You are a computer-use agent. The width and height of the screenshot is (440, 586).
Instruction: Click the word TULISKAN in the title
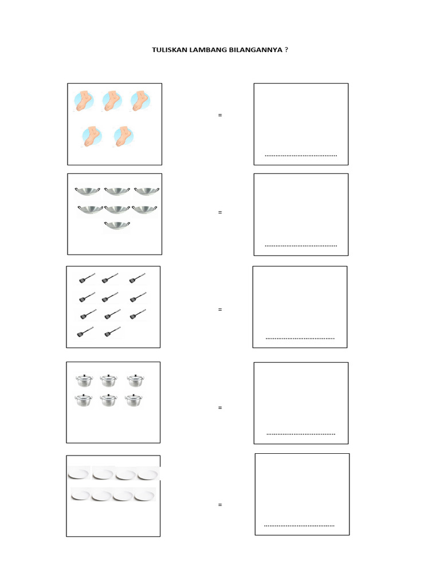click(170, 50)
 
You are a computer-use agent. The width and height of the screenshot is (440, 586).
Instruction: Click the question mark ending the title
click(286, 50)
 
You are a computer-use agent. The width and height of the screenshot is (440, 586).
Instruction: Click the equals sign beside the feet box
click(220, 115)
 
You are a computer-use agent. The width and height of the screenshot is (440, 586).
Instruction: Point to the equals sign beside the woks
click(220, 212)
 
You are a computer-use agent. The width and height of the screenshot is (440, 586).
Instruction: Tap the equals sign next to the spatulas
click(220, 310)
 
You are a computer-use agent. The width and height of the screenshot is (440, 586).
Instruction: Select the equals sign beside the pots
click(220, 407)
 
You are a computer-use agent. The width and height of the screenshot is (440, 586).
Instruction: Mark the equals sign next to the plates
click(220, 505)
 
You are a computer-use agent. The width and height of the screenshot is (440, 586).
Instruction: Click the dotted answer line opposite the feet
click(301, 156)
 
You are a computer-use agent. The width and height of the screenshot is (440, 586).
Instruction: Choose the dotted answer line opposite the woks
click(301, 246)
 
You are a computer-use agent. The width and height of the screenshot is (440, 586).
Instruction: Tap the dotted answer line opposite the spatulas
click(300, 339)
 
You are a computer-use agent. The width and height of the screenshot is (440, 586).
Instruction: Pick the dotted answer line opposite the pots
click(301, 434)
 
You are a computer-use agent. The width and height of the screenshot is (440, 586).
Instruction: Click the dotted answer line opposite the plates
click(299, 526)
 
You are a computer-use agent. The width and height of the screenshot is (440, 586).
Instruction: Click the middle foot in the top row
click(112, 101)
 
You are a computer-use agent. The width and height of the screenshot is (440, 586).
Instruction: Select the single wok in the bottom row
click(117, 225)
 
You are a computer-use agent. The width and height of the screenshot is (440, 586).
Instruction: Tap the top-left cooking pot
click(84, 381)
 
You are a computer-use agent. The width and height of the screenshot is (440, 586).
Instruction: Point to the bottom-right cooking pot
click(134, 400)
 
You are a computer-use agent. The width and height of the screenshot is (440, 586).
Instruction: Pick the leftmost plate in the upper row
click(79, 473)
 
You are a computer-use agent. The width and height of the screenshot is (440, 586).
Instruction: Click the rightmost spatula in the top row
click(137, 278)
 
